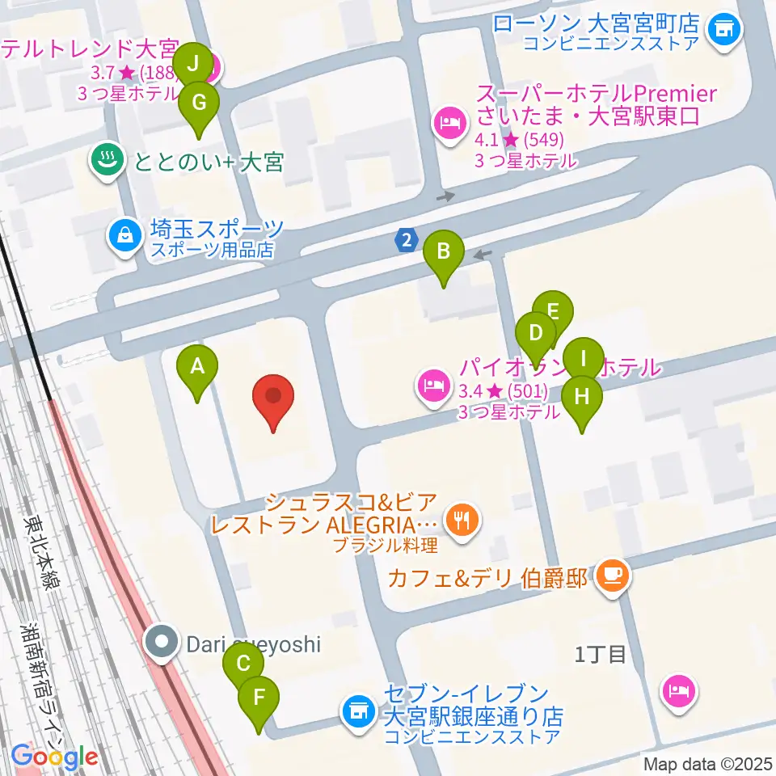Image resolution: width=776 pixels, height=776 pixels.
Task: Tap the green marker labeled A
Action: pos(197,371)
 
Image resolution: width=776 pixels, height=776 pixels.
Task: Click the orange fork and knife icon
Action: pos(462,517)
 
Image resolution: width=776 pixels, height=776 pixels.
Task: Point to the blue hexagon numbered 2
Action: pos(407,240)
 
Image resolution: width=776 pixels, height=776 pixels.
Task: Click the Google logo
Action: pos(54,757)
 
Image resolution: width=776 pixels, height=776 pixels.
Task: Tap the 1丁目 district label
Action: pos(601,654)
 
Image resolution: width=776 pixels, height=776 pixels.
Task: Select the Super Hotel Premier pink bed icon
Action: pos(449,124)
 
